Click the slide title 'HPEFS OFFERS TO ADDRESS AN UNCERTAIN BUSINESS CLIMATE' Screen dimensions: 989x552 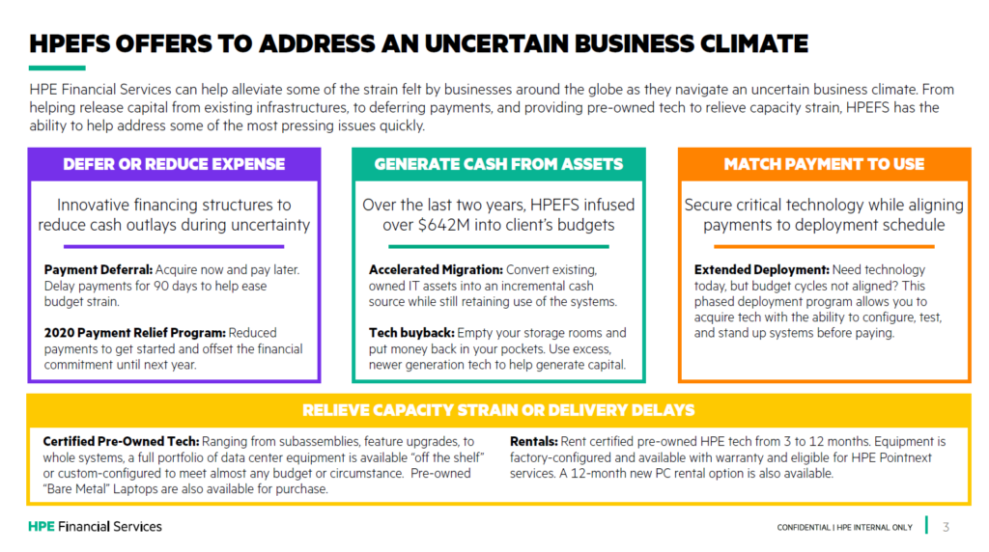(418, 43)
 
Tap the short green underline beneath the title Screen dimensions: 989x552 (57, 68)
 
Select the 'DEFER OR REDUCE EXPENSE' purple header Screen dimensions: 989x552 (174, 164)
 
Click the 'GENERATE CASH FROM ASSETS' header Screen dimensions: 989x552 (498, 164)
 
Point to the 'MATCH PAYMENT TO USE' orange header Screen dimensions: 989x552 (824, 164)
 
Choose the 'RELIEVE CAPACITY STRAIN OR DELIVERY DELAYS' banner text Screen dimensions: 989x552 (498, 410)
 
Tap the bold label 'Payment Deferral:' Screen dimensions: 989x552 (99, 269)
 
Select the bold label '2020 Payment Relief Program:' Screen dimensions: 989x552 (135, 333)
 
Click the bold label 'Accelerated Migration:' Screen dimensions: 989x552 (436, 269)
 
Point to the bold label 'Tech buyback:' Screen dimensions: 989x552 (411, 333)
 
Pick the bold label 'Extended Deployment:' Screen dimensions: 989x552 (762, 269)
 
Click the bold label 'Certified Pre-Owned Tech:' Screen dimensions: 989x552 (121, 442)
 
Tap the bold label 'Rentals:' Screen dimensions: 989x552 (533, 442)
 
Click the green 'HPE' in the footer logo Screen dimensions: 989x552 (42, 527)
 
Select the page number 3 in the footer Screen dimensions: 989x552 (946, 527)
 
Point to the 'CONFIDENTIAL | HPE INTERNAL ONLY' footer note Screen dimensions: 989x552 (844, 528)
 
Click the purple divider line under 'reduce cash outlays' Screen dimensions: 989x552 (174, 246)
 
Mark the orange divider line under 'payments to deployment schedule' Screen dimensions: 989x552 (824, 246)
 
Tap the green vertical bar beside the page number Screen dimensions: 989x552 (926, 525)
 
